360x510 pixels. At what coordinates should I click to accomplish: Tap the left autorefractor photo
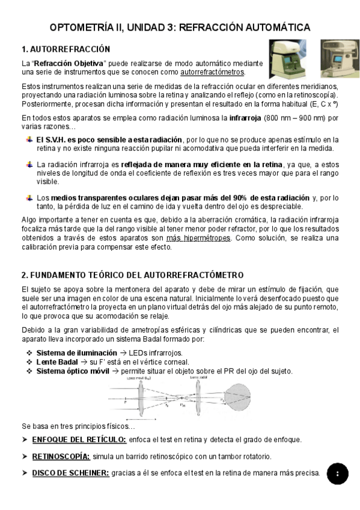coord(286,58)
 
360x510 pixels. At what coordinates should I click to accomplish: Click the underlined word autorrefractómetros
coord(212,72)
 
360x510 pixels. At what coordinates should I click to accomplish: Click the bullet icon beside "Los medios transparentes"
coord(29,197)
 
